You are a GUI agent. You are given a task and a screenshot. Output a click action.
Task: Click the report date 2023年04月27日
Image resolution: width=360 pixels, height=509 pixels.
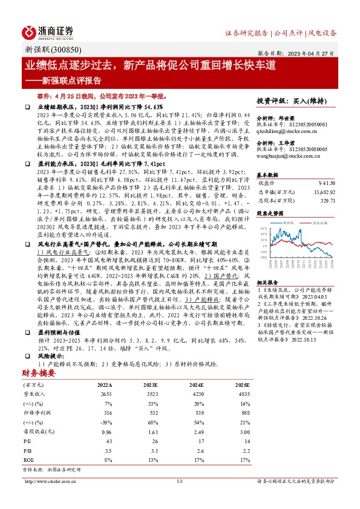pos(322,52)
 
